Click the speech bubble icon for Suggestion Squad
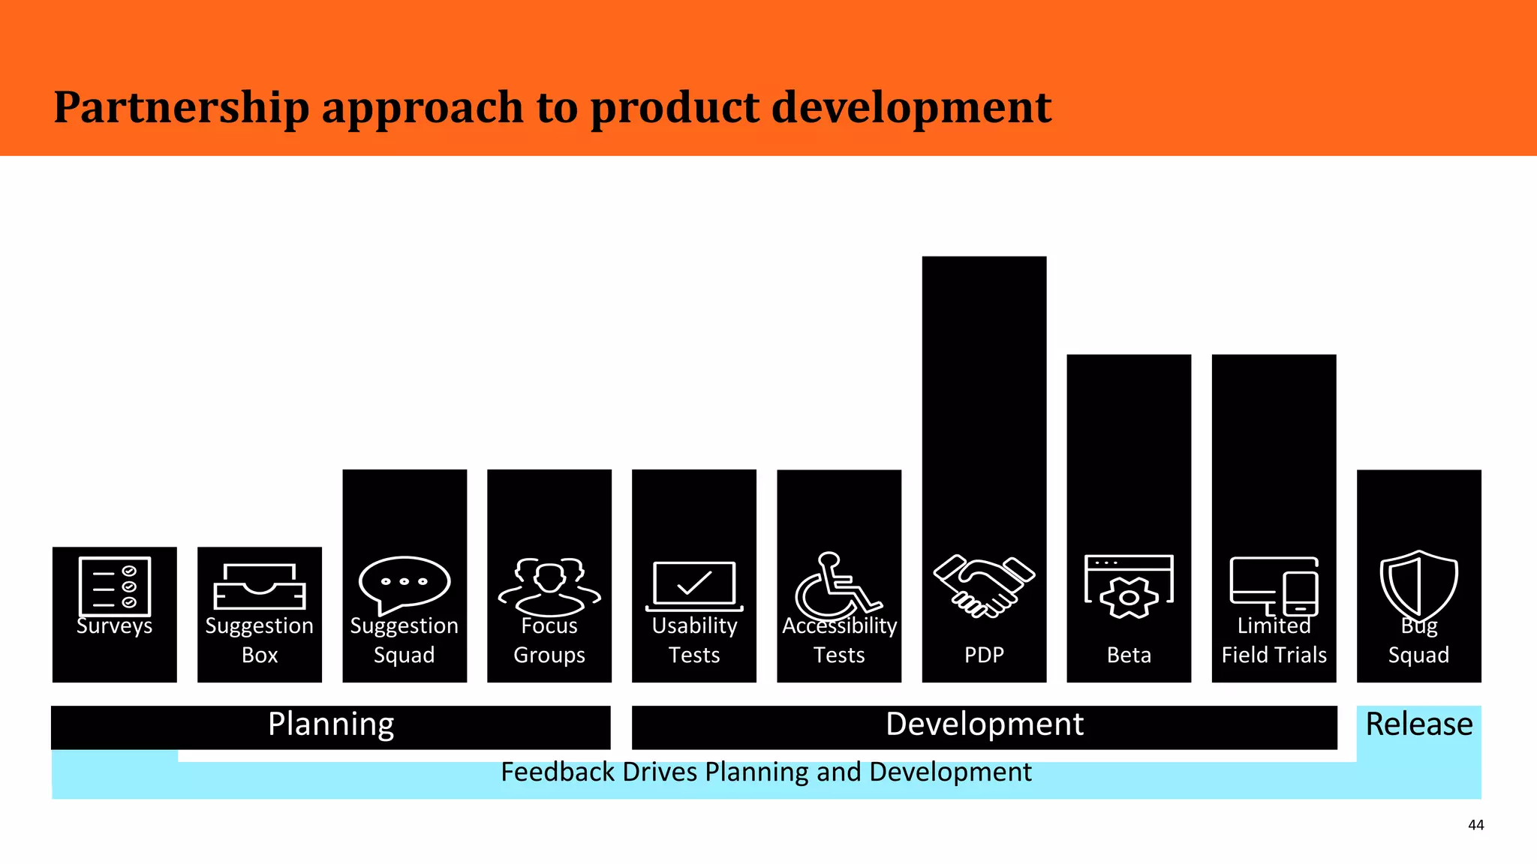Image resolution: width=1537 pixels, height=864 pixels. coord(404,583)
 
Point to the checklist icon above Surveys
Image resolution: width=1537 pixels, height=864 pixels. coord(114,586)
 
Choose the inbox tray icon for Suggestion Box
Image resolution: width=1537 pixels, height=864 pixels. coord(260,586)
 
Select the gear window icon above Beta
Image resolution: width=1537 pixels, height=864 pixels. coord(1129,586)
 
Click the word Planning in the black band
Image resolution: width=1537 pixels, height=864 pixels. coord(331,725)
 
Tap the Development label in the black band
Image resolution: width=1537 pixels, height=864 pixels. coord(984,724)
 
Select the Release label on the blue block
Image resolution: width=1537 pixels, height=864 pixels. coord(1418,724)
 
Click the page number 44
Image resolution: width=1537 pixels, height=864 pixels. coord(1475,825)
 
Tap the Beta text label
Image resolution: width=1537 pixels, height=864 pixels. coord(1129,655)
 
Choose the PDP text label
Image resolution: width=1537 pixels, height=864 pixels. coord(984,655)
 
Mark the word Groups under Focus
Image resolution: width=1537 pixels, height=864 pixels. coord(549,655)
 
